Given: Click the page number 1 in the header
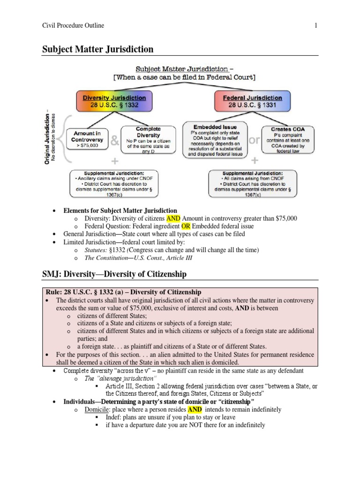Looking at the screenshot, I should pos(316,25).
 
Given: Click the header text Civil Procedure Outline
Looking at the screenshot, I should pos(73,25).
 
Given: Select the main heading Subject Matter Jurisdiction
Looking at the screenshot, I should pos(98,49).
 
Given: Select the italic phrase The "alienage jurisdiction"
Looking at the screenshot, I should pos(120,378).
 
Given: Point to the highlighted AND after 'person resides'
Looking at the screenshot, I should pos(195,409).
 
